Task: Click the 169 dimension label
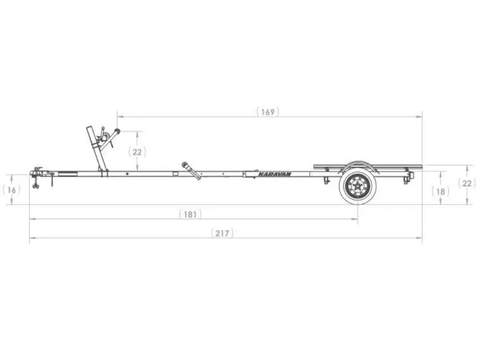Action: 268,112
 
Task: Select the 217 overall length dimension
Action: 222,233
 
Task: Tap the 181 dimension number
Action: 190,214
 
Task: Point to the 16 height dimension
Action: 11,190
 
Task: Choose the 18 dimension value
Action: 441,191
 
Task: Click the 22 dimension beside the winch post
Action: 137,152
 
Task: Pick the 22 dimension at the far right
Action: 467,183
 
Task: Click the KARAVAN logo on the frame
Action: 274,174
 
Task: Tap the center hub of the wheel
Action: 357,186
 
